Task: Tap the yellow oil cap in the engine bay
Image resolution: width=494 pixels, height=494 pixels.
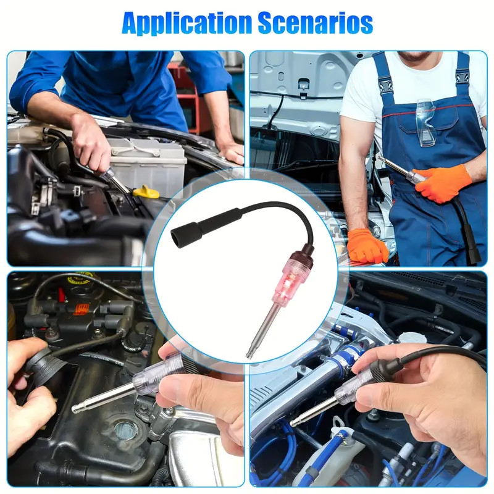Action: [x=146, y=192]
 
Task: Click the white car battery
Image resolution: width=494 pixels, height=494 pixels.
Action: [x=148, y=161]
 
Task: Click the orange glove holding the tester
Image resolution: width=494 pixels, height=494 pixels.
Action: [x=442, y=182]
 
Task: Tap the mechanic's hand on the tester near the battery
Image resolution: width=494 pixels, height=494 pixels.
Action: [x=90, y=142]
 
